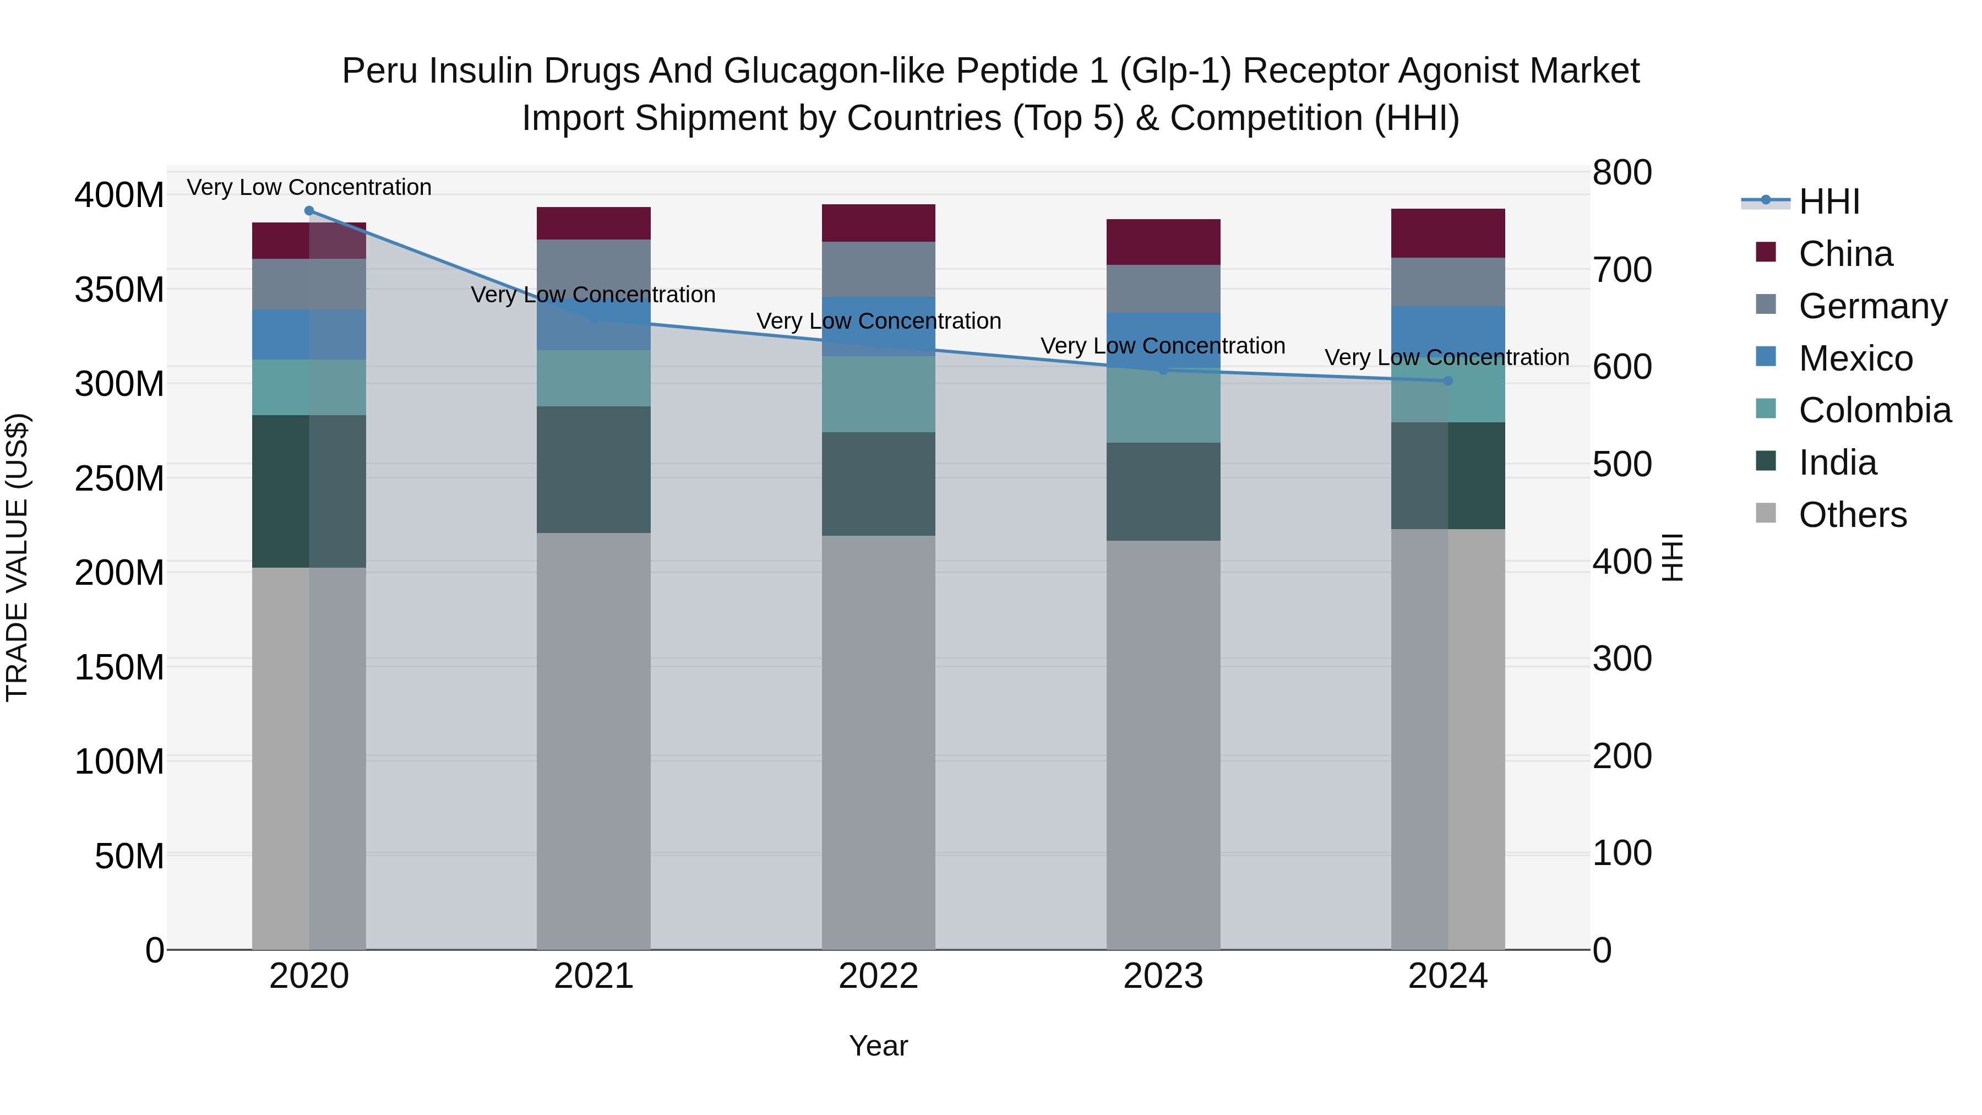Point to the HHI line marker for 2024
click(x=1447, y=381)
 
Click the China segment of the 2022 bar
click(x=878, y=223)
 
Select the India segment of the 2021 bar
click(x=593, y=469)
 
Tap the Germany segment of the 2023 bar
click(x=1163, y=289)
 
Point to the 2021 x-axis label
click(x=593, y=976)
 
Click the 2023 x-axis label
click(x=1163, y=976)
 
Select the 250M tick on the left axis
click(x=119, y=478)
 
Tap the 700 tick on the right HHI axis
click(x=1621, y=271)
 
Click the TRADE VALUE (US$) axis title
click(x=18, y=557)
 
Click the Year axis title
click(x=878, y=1046)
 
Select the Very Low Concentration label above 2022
click(x=878, y=321)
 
